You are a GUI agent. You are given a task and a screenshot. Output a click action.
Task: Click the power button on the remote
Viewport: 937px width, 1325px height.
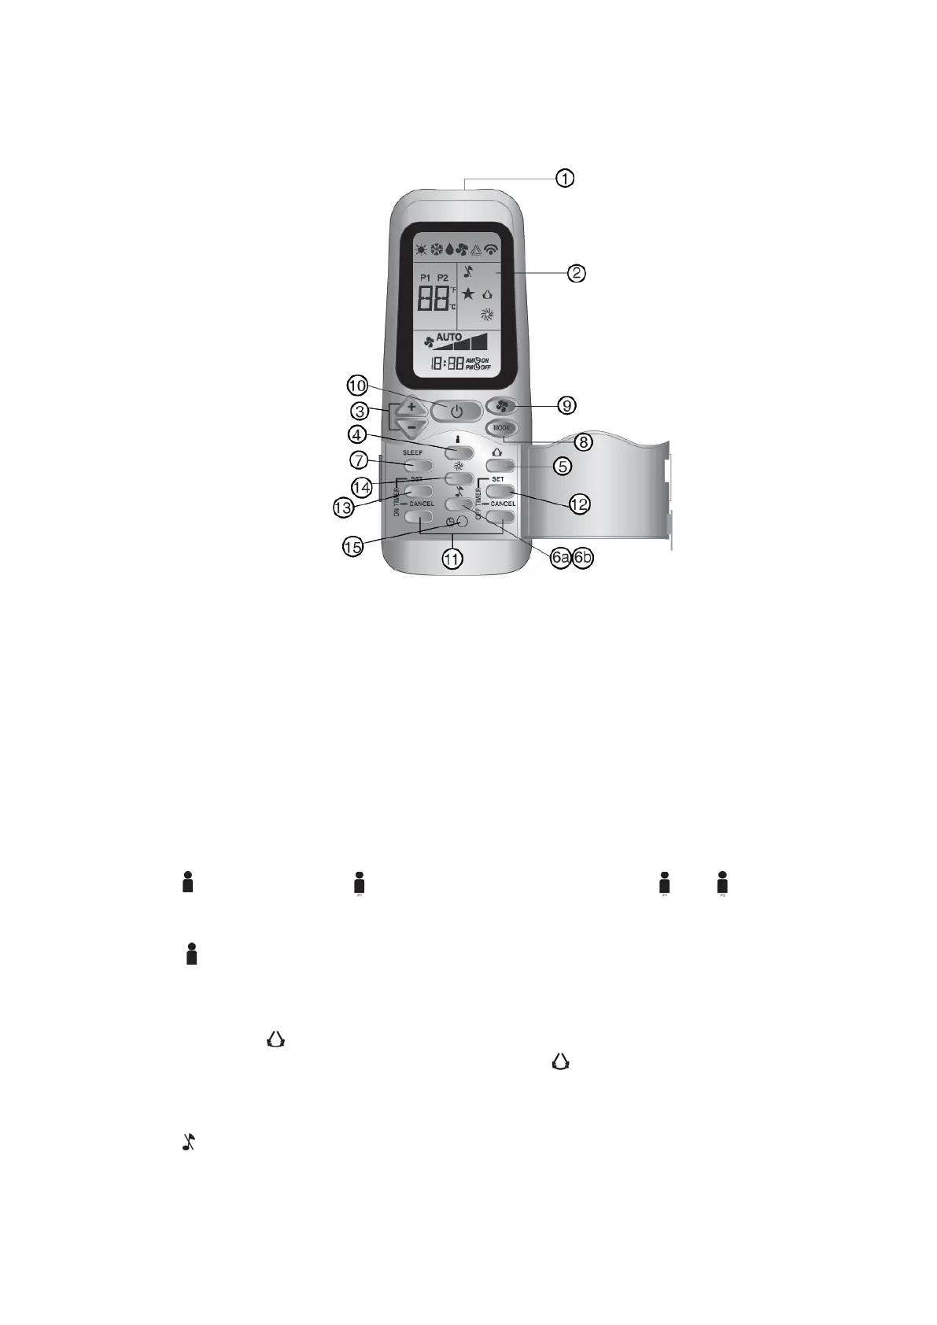point(456,411)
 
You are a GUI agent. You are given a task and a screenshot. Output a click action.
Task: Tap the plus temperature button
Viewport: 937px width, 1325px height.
point(411,408)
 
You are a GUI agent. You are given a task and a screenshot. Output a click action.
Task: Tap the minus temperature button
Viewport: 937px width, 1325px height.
point(411,427)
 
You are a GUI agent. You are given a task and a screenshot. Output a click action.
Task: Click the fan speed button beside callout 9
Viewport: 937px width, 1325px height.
point(500,406)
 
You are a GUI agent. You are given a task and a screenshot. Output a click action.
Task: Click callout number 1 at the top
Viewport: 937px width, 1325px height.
point(565,179)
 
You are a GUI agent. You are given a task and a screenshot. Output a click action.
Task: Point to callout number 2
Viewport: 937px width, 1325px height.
point(577,273)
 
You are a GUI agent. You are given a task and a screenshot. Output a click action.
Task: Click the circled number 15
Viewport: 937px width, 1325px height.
point(353,546)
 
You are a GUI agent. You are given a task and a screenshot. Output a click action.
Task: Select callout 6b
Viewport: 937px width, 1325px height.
point(583,558)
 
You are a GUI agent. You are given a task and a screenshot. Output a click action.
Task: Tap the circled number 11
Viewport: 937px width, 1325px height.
point(452,559)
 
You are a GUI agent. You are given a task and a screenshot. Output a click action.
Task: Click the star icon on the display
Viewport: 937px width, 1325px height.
point(468,293)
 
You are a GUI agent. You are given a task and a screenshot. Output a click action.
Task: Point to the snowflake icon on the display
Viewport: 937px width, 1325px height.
point(437,250)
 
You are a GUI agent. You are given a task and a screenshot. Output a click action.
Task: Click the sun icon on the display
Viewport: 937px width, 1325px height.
point(422,250)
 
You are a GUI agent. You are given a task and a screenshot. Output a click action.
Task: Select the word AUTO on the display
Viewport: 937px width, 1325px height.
point(449,337)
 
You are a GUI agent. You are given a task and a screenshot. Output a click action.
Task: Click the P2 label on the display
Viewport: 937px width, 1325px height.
point(443,278)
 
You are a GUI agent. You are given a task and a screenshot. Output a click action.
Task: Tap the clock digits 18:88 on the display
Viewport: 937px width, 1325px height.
point(446,364)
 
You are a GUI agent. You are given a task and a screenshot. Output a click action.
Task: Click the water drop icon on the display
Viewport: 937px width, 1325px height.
point(449,250)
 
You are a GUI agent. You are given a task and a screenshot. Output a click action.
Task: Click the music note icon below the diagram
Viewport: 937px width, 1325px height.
point(189,1142)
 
